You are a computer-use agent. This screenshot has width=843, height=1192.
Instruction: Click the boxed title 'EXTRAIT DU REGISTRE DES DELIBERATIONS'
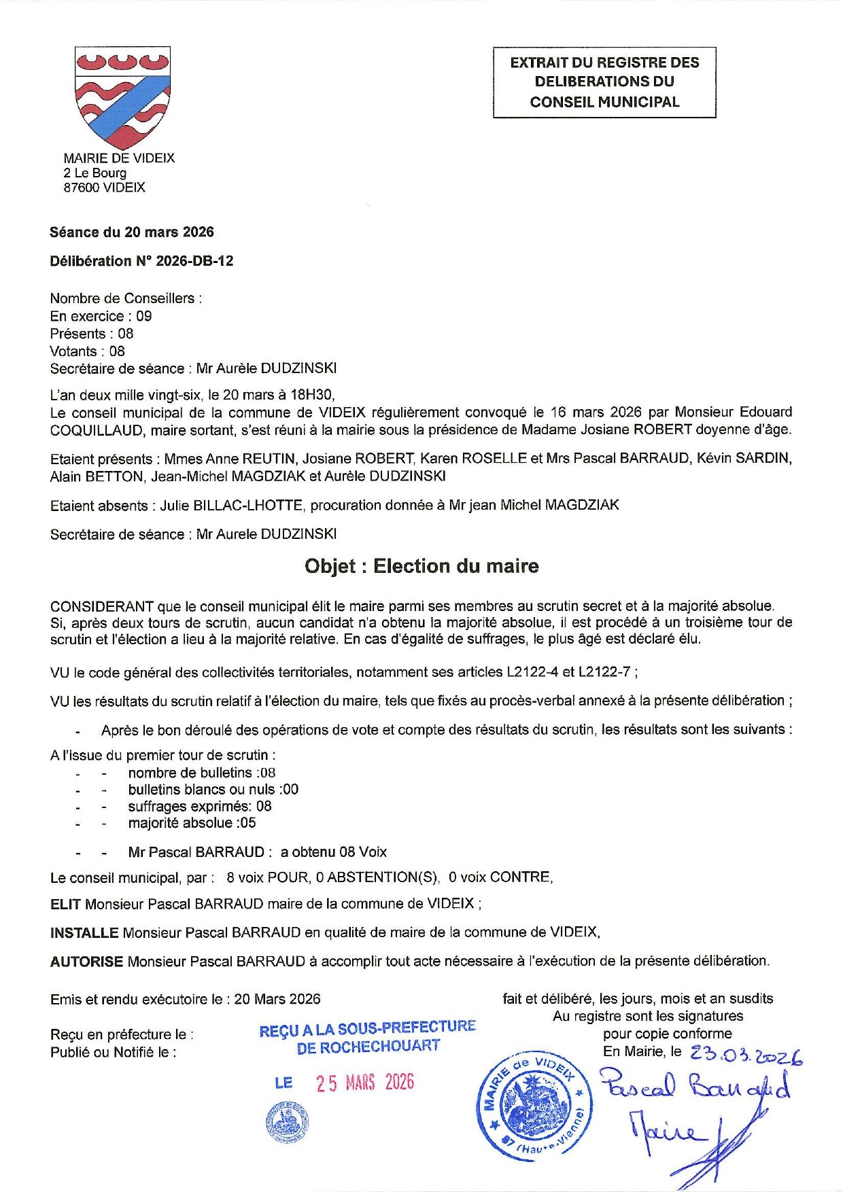pyautogui.click(x=604, y=82)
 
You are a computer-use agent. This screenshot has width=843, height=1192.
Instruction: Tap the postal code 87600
pyautogui.click(x=81, y=188)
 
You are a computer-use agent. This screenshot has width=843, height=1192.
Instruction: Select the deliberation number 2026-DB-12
pyautogui.click(x=194, y=261)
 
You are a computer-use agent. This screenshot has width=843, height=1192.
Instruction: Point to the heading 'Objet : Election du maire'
pyautogui.click(x=421, y=566)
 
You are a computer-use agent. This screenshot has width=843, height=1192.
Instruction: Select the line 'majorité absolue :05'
pyautogui.click(x=192, y=823)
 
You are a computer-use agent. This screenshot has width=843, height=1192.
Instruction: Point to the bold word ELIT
pyautogui.click(x=65, y=904)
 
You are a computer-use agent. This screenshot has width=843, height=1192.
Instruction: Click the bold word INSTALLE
pyautogui.click(x=84, y=932)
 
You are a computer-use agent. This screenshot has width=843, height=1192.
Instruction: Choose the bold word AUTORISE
pyautogui.click(x=86, y=961)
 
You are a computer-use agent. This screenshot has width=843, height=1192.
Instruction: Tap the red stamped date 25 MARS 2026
pyautogui.click(x=364, y=1083)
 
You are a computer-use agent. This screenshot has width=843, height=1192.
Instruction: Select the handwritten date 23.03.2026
pyautogui.click(x=746, y=1055)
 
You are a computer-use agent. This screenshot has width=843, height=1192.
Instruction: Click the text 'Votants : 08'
pyautogui.click(x=87, y=351)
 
